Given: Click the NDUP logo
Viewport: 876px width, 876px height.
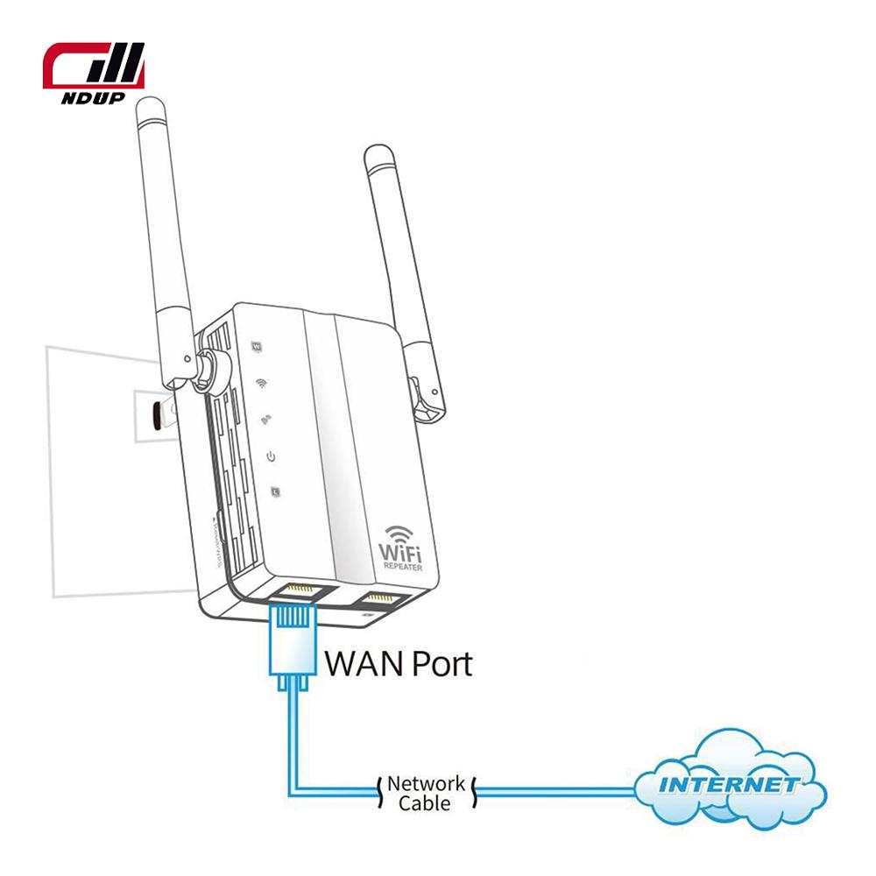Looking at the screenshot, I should click(x=95, y=74).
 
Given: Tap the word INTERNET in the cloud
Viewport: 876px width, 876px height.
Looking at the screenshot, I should click(x=729, y=783).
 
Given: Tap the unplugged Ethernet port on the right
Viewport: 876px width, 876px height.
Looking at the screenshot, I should click(x=380, y=602).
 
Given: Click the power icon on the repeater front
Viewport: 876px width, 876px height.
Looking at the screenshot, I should click(x=272, y=456).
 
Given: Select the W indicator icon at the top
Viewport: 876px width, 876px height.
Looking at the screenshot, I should click(x=257, y=346).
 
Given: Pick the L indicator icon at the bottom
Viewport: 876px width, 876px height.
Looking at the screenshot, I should click(x=276, y=491).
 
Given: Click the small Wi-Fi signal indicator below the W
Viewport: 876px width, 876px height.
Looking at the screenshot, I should click(x=261, y=383).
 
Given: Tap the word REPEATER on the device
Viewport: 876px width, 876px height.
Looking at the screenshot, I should click(x=401, y=567).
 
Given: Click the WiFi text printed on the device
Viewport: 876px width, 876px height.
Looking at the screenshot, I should click(x=400, y=553).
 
